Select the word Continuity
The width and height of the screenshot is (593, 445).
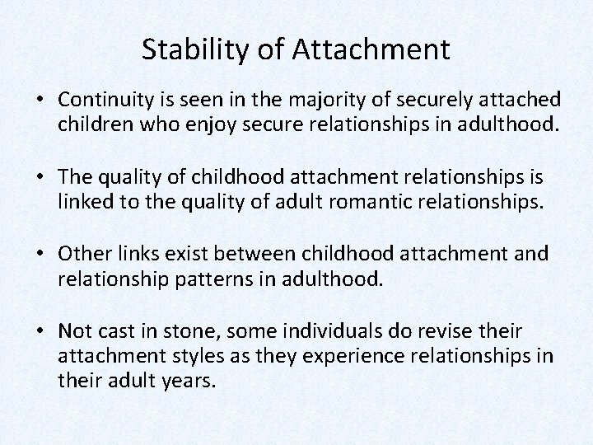(x=101, y=100)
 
